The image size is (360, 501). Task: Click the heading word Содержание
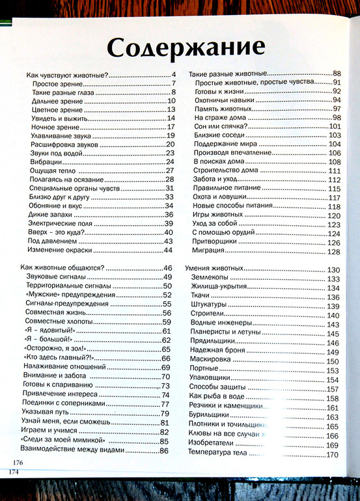click(x=186, y=47)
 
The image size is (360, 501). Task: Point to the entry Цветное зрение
click(x=57, y=110)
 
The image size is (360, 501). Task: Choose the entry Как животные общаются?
click(x=62, y=268)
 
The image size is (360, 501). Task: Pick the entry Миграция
click(x=208, y=251)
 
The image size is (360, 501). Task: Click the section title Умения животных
click(x=215, y=269)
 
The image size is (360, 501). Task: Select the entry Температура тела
click(x=218, y=454)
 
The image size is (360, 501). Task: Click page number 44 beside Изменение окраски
click(x=168, y=250)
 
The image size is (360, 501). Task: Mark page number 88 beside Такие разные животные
click(x=337, y=74)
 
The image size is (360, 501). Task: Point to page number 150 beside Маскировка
click(x=333, y=361)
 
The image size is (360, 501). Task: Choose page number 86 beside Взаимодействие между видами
click(x=164, y=451)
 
